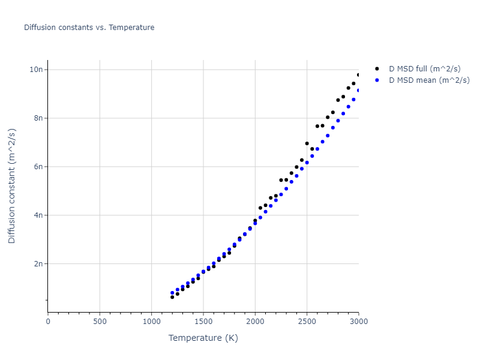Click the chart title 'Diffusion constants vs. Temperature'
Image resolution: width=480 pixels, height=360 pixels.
click(89, 28)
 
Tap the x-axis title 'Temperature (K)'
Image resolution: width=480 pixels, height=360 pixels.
click(203, 338)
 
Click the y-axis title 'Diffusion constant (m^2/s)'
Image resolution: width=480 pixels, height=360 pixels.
click(12, 186)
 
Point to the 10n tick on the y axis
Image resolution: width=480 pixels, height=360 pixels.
click(37, 70)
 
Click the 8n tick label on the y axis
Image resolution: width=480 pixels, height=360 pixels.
click(39, 118)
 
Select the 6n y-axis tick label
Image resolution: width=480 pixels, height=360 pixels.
click(39, 167)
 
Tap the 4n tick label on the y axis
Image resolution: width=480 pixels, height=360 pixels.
click(39, 215)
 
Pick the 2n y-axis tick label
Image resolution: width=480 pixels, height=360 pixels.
click(39, 264)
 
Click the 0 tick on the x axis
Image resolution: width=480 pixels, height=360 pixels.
click(48, 322)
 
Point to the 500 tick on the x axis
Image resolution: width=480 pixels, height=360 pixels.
click(100, 322)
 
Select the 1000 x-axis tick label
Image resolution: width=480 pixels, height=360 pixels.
click(151, 322)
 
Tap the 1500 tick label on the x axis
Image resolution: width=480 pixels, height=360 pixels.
click(203, 322)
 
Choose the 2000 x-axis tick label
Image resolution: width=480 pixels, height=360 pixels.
click(255, 322)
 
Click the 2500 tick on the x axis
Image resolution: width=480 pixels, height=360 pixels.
click(307, 322)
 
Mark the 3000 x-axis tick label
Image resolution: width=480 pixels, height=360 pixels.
click(358, 322)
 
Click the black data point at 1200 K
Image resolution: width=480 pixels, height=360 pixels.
click(172, 297)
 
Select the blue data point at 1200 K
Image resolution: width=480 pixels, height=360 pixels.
click(172, 293)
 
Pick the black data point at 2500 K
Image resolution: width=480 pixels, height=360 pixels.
click(307, 143)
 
